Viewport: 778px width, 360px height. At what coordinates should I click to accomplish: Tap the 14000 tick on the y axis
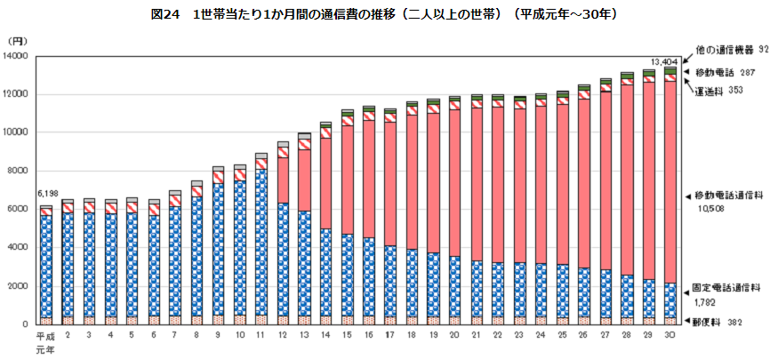tap(17, 56)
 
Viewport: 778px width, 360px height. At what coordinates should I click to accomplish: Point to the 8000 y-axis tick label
tap(20, 171)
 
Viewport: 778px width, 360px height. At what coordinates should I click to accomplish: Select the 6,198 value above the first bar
tap(46, 193)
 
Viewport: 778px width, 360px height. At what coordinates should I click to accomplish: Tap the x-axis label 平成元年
tap(45, 341)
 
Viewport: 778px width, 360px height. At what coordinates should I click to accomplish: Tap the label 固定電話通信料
tap(729, 288)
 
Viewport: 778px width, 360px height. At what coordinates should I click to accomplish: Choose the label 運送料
tap(711, 91)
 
